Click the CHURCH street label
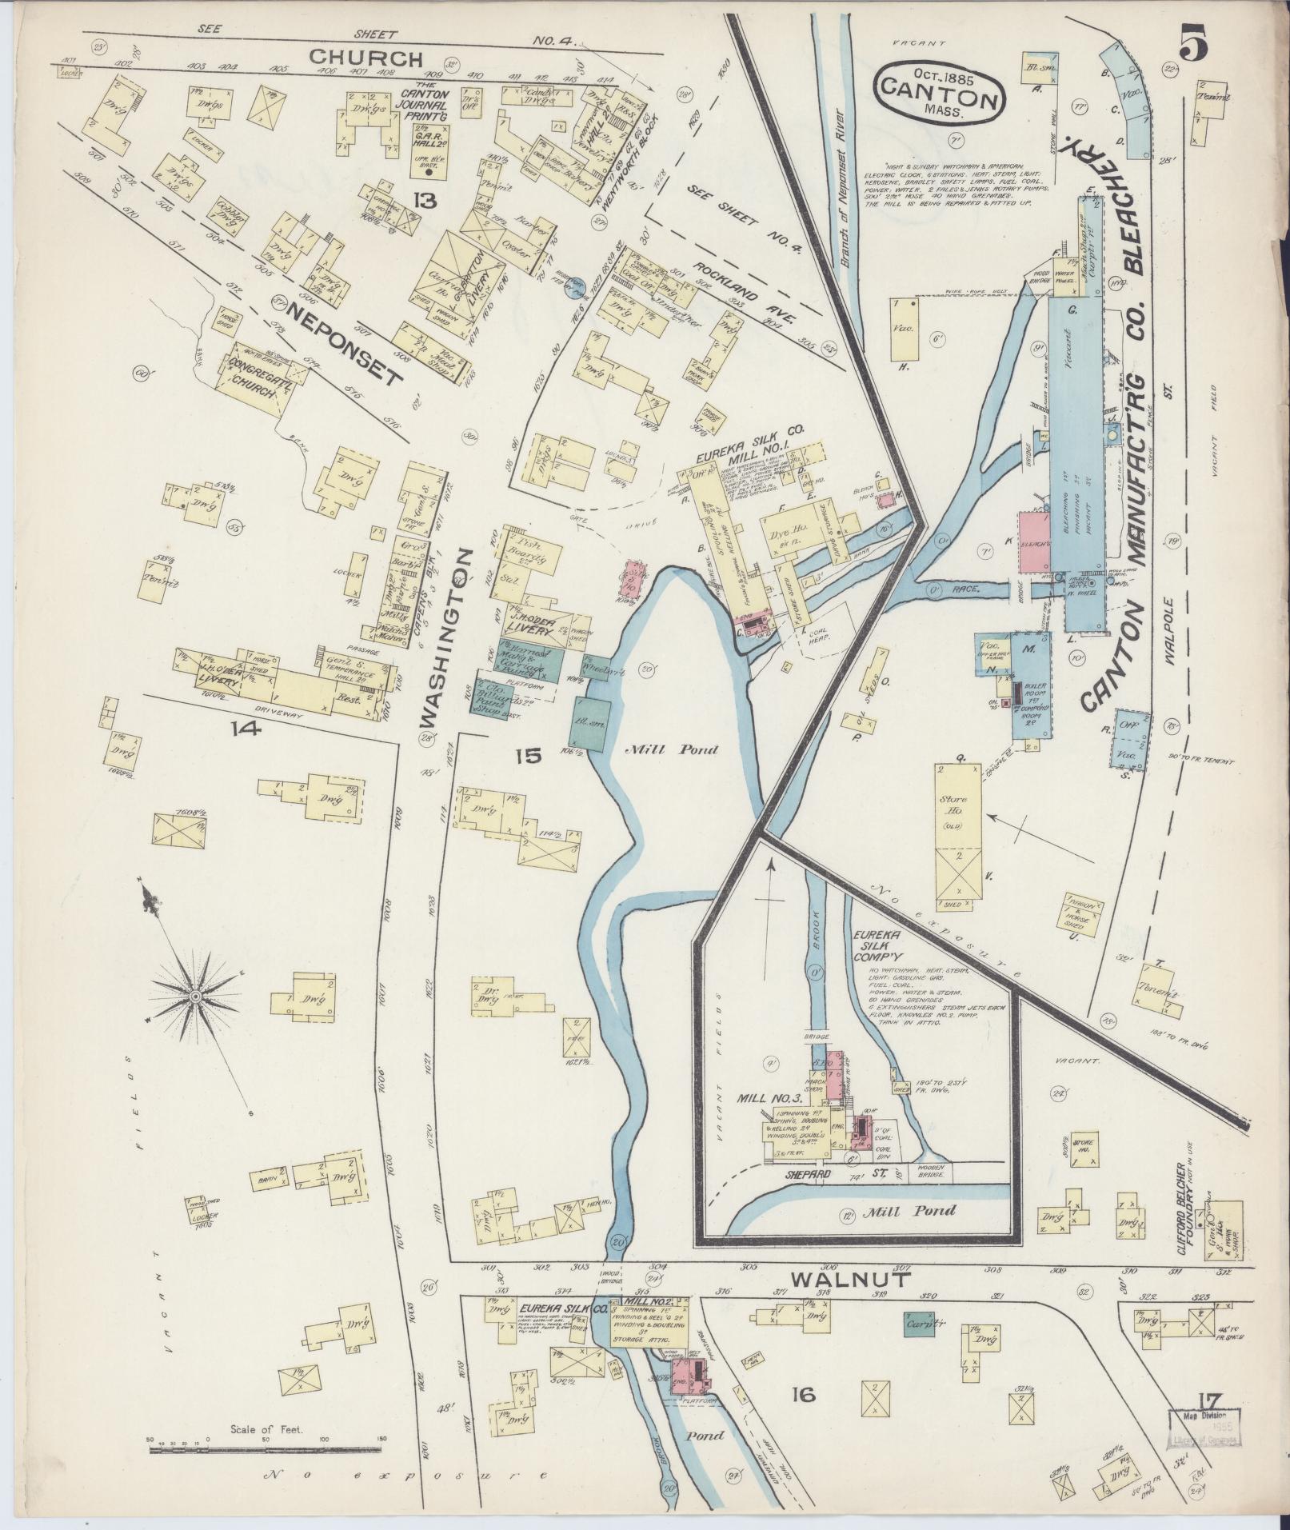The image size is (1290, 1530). click(365, 58)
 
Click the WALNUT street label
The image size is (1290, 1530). click(852, 1280)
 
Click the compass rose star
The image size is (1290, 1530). click(194, 996)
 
